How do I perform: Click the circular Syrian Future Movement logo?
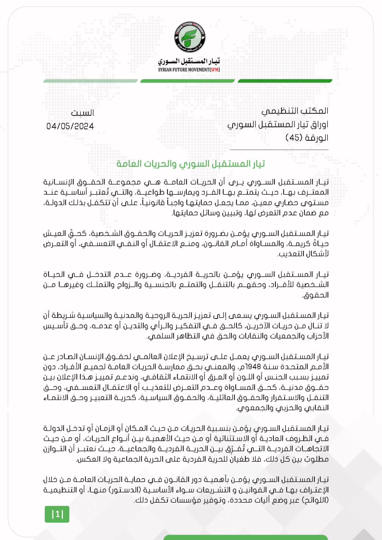190,37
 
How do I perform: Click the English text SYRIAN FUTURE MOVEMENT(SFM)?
189,70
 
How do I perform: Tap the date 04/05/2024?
70,126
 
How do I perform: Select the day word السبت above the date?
82,113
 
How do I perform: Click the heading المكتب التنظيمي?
295,111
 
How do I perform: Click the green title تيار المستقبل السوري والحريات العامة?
191,164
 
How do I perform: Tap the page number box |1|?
57,514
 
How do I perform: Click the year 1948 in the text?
253,367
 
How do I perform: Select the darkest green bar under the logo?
285,81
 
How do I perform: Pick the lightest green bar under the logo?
90,81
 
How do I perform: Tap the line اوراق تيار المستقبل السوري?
278,124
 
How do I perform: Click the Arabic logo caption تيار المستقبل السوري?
189,61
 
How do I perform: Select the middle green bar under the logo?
187,81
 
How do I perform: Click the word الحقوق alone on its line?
316,295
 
